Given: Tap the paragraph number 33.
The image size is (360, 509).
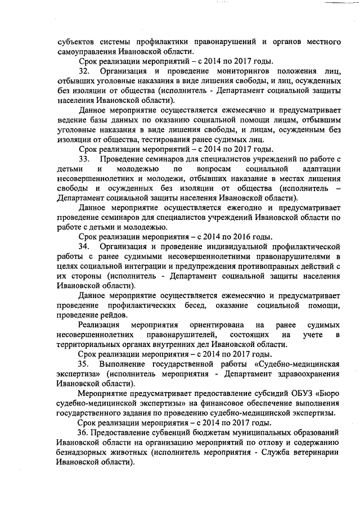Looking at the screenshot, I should pos(84,159).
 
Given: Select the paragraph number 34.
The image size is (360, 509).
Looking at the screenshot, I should pos(84,246).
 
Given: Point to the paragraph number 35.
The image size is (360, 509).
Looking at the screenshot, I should pos(84,363).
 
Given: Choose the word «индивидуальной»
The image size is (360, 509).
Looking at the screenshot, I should pos(233,246).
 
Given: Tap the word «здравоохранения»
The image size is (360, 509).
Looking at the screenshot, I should pos(307,373).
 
